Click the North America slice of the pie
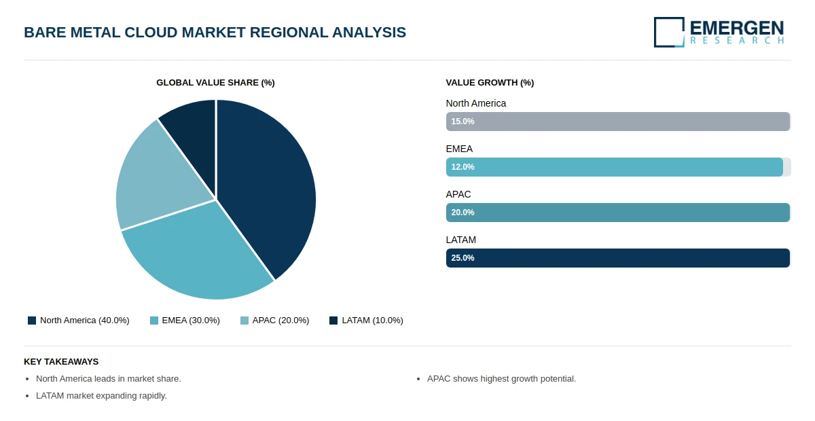(272, 183)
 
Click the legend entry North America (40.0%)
(79, 321)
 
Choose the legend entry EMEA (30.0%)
(185, 321)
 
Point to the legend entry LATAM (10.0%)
(366, 321)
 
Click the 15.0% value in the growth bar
(463, 122)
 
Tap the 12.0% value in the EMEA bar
(463, 167)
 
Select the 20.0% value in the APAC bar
(463, 213)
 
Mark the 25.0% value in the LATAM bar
(463, 258)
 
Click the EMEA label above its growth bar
(459, 149)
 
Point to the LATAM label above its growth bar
(460, 240)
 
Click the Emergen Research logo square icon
(669, 32)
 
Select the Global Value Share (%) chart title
(215, 83)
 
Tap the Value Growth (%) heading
(490, 83)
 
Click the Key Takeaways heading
(61, 362)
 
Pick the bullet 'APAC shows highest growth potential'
(501, 379)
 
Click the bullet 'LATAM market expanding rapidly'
(101, 396)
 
